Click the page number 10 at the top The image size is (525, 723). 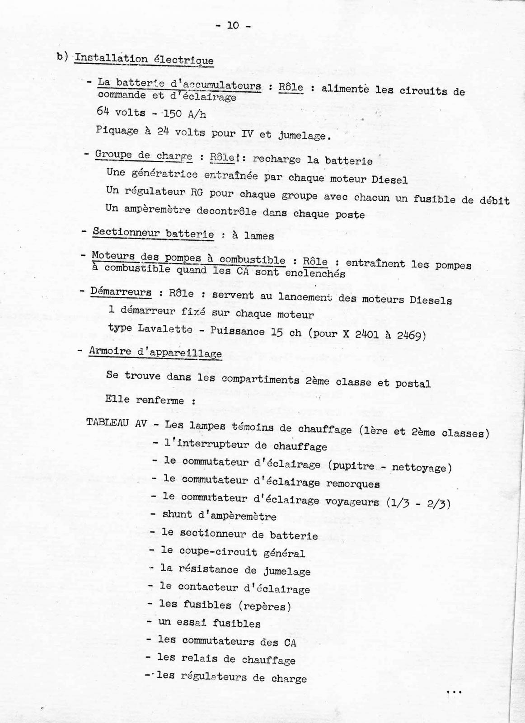pos(233,26)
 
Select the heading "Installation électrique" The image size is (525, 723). pos(144,60)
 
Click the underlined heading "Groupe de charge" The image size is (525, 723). pos(143,156)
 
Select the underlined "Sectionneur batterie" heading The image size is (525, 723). pos(153,234)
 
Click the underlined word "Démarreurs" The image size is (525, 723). pos(121,292)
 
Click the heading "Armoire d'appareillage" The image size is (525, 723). pos(155,352)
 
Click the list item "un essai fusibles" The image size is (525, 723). pos(209,623)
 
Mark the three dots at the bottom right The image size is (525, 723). pos(453,692)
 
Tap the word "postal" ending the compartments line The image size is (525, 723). pos(412,384)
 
